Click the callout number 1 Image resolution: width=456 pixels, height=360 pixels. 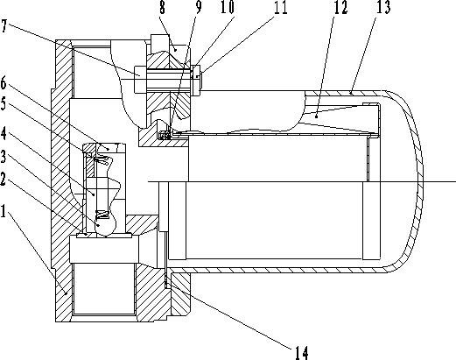pos(4,211)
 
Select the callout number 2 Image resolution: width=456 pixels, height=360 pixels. pos(4,179)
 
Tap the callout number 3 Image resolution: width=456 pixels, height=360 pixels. pos(4,157)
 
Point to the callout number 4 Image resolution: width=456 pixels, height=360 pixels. pos(4,133)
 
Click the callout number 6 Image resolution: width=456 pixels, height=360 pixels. pos(4,83)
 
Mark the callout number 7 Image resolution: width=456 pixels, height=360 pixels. pos(4,25)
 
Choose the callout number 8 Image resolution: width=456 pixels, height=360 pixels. pos(163,7)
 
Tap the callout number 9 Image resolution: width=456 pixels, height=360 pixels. pos(199,7)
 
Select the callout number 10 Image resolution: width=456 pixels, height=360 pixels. pos(228,7)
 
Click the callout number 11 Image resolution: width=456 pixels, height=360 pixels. pos(281,7)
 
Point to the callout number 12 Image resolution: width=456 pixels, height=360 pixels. pos(340,7)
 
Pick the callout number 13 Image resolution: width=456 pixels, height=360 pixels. pos(383,7)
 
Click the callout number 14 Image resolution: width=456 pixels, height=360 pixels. pos(301,353)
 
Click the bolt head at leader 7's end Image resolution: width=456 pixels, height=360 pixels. pos(139,80)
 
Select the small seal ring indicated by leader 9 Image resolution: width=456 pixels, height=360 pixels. pos(164,135)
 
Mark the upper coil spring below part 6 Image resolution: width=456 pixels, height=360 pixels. pos(101,159)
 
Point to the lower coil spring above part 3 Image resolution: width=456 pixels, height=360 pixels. pos(102,215)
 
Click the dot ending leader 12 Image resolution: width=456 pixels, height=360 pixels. pos(316,116)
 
